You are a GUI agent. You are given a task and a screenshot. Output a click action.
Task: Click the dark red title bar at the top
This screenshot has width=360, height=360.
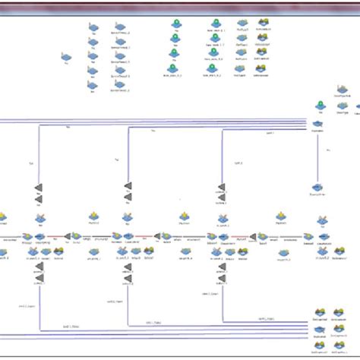point(180,5)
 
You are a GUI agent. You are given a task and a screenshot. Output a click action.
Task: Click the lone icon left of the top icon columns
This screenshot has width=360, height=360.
point(66,58)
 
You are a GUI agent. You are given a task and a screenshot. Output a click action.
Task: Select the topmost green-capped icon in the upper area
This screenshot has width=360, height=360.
point(175,24)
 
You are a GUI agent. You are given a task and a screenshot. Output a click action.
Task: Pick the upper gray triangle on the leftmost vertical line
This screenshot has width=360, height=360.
point(38,187)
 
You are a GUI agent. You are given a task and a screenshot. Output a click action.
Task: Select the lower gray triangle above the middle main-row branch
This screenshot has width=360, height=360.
point(128,197)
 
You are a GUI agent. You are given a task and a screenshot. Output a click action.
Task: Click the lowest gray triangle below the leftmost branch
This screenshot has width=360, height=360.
point(38,289)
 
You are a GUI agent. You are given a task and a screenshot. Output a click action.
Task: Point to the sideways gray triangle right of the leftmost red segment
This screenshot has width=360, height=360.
point(68,236)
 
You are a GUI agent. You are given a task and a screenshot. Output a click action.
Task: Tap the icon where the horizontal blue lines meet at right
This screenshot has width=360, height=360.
point(318,124)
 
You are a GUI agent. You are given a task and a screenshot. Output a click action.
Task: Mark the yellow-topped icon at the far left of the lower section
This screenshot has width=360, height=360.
point(4,218)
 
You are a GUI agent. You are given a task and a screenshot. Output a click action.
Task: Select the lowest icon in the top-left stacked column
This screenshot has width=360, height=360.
point(92,84)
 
